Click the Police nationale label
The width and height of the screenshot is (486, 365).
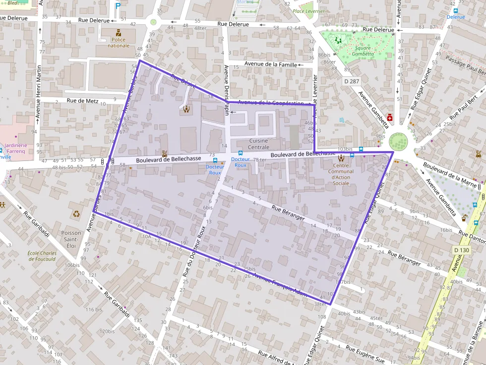pyautogui.click(x=119, y=43)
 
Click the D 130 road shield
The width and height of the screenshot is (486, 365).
pyautogui.click(x=461, y=250)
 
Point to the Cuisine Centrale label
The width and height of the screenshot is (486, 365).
pyautogui.click(x=258, y=144)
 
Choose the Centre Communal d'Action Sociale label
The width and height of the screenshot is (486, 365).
pyautogui.click(x=341, y=174)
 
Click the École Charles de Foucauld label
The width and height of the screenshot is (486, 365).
pyautogui.click(x=42, y=256)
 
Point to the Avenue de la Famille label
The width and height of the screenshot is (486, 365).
pyautogui.click(x=271, y=64)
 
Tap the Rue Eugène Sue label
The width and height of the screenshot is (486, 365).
pyautogui.click(x=365, y=355)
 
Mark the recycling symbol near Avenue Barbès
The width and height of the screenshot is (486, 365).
pyautogui.click(x=76, y=214)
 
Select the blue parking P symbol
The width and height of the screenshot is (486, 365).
pyautogui.click(x=118, y=6)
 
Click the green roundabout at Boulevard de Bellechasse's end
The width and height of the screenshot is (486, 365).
pyautogui.click(x=398, y=142)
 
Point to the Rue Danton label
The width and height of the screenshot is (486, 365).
pyautogui.click(x=472, y=237)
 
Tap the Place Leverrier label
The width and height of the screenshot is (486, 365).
pyautogui.click(x=308, y=11)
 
